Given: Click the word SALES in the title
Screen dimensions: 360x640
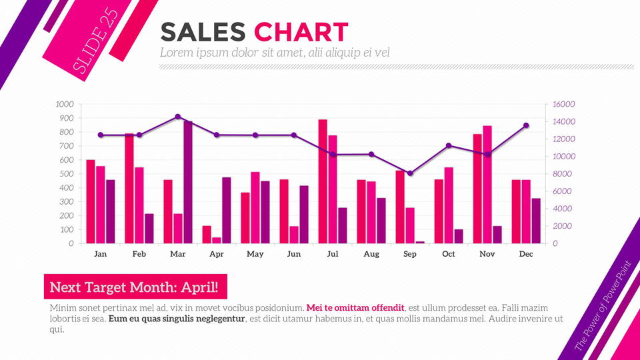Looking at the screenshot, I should coord(204,32).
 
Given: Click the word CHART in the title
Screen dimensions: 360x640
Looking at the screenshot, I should coord(301,32).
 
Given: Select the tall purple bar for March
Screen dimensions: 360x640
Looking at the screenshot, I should coord(188,182).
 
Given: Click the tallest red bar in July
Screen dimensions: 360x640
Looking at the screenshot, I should coord(323,181).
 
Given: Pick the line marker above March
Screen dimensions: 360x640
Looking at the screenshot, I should coord(178,117).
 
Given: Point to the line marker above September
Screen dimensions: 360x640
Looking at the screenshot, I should coord(410,173).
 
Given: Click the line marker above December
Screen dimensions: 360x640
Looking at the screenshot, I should coord(526,125).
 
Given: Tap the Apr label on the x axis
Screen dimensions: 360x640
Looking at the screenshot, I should coord(217,254).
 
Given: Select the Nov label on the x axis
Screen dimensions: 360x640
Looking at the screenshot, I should coord(487,254).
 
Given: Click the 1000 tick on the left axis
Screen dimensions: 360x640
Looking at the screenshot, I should coord(65,104).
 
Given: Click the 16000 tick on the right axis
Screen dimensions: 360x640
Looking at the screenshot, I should coord(563,104).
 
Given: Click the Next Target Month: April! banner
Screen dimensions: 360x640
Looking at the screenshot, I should coord(135,287).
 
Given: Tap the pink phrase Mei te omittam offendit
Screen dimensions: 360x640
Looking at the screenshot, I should coord(355,308).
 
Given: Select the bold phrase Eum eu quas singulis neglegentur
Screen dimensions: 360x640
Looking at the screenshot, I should coord(177,319).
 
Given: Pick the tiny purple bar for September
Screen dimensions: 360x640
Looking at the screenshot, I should coord(420,242).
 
